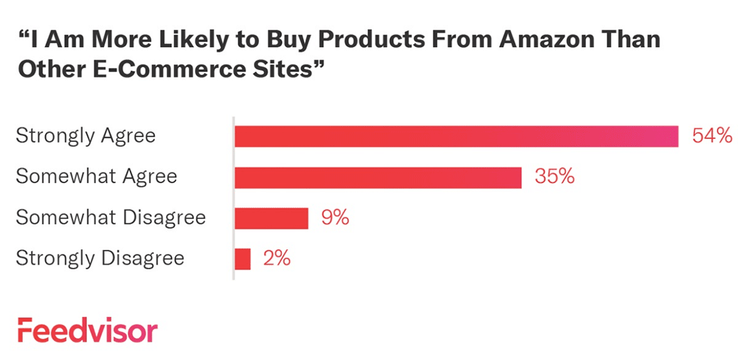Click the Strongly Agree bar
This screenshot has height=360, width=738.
click(x=456, y=136)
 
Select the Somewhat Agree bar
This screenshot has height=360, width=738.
click(x=378, y=178)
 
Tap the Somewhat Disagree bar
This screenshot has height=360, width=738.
click(x=271, y=218)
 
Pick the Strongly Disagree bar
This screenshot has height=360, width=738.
click(x=243, y=259)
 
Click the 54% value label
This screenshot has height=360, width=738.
click(x=711, y=136)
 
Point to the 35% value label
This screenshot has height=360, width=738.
click(x=555, y=178)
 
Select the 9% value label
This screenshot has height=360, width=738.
click(x=335, y=218)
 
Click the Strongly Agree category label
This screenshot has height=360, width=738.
click(x=86, y=136)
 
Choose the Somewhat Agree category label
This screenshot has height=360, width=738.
click(x=97, y=178)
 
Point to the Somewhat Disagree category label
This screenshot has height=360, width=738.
click(x=111, y=218)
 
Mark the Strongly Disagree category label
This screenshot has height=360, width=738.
click(x=100, y=259)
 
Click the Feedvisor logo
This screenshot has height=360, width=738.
click(x=87, y=330)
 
